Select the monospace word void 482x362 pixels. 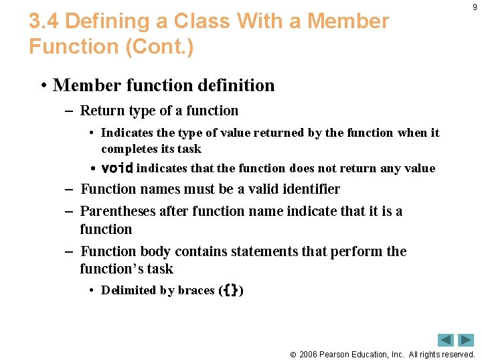117,168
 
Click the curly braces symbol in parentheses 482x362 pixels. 231,290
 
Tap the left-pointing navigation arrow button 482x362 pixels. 445,340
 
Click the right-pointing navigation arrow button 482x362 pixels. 465,340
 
